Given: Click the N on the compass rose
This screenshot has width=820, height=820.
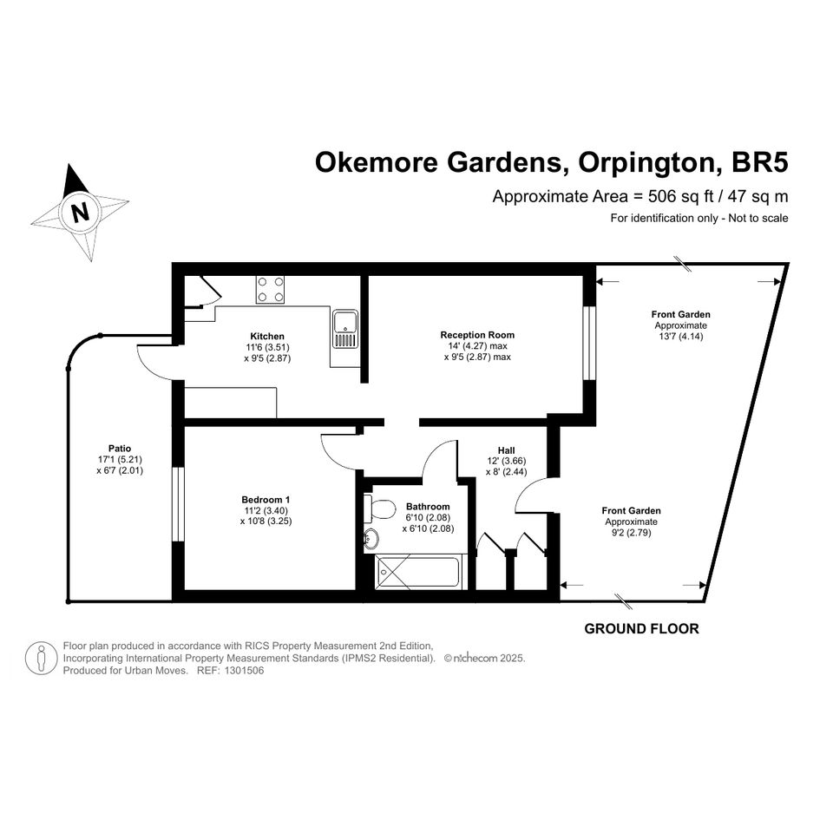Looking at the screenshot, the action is pos(80,213).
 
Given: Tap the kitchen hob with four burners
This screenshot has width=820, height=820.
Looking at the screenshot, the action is pos(270,289).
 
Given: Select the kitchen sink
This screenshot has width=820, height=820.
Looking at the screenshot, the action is pos(345,330).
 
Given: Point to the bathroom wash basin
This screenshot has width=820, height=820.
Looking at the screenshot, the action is pos(371,538).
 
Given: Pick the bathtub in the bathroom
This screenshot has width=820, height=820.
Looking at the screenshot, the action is pos(418,572).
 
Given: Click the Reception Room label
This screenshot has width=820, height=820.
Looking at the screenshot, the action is pos(477,335).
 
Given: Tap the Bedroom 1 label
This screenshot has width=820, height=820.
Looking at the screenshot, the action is pos(266,500).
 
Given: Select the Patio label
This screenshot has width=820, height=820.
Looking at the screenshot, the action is pos(120,448).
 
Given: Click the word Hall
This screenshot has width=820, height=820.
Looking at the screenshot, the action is pos(506,450).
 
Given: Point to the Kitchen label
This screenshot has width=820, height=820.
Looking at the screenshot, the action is pos(267,337).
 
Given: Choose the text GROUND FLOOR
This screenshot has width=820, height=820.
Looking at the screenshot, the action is pos(641,628).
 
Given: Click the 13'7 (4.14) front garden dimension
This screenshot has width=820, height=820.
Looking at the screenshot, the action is pos(681,337).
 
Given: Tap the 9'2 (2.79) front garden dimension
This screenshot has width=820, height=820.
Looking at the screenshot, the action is pos(631,533).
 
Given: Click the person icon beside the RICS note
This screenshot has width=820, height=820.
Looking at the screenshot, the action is pos(42,658).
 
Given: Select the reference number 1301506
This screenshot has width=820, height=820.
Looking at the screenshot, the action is pos(244,671).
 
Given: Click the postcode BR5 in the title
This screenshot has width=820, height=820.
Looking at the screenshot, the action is pos(759,162).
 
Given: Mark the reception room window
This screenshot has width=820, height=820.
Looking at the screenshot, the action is pos(589,343).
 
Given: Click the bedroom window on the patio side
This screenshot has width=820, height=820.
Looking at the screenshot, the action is pos(179,504).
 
